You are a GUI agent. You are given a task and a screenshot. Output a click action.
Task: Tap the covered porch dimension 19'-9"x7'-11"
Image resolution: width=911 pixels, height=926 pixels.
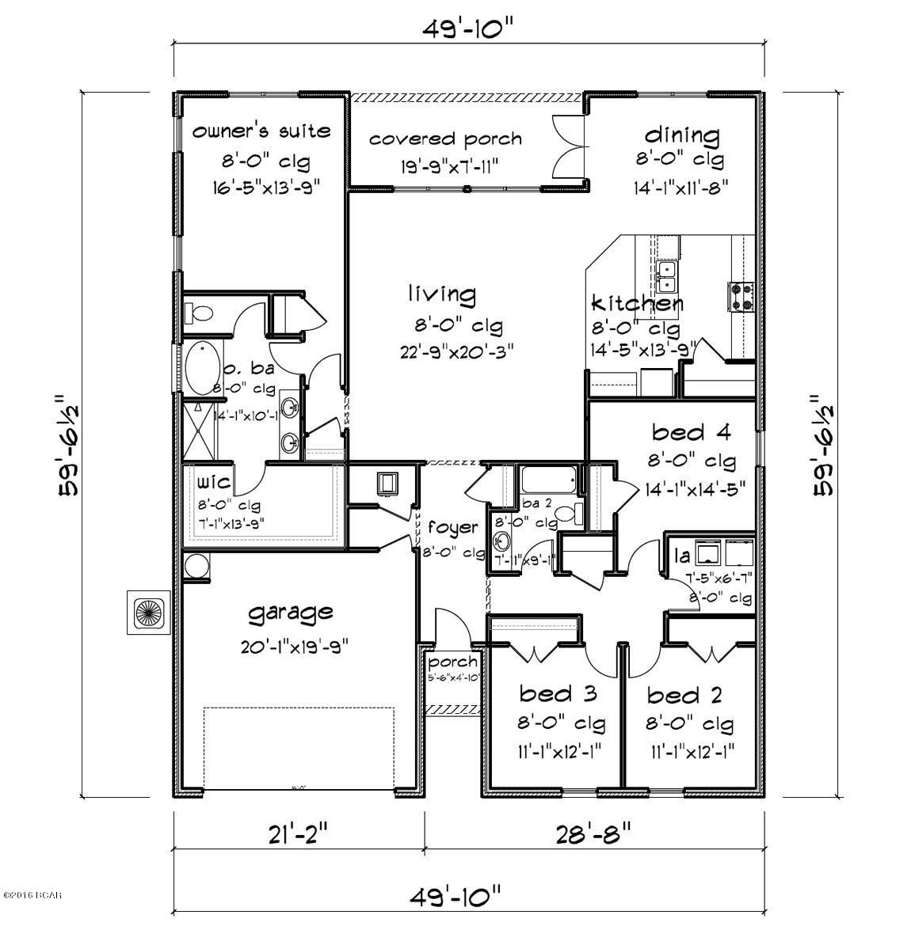[445, 165]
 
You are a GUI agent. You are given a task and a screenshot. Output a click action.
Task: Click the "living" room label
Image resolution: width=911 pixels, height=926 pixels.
[442, 295]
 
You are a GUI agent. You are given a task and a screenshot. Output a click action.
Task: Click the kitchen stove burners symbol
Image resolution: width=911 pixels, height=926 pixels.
[740, 295]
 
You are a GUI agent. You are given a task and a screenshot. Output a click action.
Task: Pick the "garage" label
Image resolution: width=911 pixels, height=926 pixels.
[290, 612]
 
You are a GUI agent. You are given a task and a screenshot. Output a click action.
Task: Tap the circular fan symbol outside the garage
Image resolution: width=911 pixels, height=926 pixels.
[147, 611]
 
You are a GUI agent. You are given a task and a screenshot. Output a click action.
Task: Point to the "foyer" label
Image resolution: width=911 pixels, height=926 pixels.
[452, 528]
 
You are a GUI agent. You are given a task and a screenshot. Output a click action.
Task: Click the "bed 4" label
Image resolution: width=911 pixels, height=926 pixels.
[680, 432]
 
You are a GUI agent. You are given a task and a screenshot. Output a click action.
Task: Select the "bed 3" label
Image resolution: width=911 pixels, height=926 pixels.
[558, 694]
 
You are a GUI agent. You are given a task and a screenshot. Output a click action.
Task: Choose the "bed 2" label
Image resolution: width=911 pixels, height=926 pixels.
[684, 696]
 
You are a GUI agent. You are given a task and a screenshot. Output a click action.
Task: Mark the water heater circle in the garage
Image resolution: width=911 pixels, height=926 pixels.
[196, 567]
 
